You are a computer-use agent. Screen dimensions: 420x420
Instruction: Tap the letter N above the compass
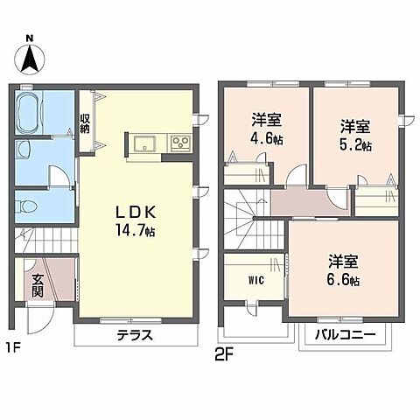(30, 38)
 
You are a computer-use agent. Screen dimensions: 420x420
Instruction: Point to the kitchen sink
(143, 143)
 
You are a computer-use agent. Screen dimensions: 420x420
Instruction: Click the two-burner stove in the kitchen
(180, 143)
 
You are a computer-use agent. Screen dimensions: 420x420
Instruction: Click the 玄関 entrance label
(38, 286)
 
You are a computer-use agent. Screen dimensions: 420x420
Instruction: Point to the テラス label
(135, 335)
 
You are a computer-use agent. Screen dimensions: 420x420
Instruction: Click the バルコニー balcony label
(342, 335)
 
